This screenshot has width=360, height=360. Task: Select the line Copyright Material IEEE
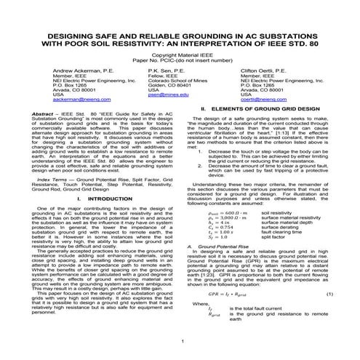pyautogui.click(x=180, y=53)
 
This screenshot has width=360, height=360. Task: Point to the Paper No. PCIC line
pyautogui.click(x=180, y=59)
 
